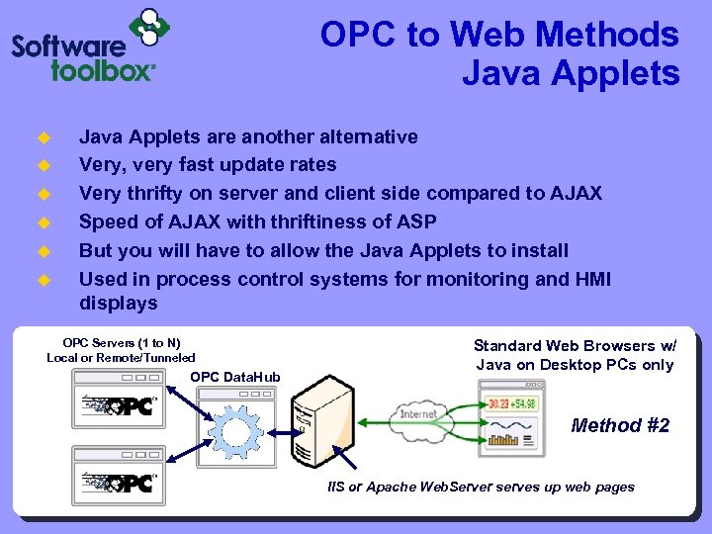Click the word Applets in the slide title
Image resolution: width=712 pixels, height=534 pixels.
(x=620, y=74)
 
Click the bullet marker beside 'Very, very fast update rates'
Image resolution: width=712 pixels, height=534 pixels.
(x=43, y=165)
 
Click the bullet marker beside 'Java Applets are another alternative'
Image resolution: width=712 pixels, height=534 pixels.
(x=43, y=137)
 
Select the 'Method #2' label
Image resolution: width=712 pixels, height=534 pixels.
(x=620, y=425)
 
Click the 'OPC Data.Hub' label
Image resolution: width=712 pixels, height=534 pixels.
(x=235, y=377)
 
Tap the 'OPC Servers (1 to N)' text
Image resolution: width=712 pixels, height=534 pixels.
(x=122, y=342)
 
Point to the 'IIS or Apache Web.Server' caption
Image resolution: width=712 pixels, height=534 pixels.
(x=482, y=487)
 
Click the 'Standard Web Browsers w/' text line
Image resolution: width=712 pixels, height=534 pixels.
(x=575, y=345)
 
